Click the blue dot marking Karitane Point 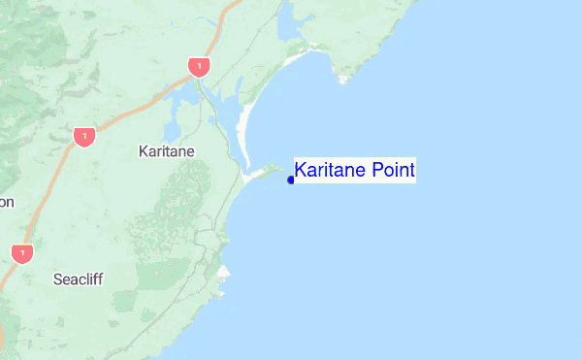pos(291,180)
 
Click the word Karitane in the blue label pos(329,171)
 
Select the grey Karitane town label pos(167,151)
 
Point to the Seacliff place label pos(78,279)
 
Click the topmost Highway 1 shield pos(199,66)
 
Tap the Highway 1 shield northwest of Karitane pos(84,136)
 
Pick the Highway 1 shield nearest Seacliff pos(23,253)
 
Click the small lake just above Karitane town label pos(173,130)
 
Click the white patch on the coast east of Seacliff pos(224,275)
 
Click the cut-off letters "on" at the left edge pos(7,202)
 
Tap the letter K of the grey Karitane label pos(144,151)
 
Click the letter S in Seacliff pos(57,279)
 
